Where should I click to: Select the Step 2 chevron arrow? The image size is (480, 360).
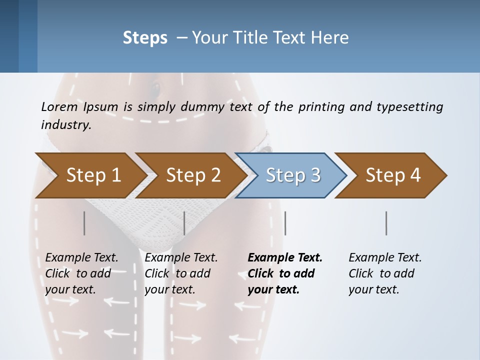pos(193,175)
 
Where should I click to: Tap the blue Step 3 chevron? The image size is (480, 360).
pos(293,175)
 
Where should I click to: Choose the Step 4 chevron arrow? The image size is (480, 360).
pos(393,175)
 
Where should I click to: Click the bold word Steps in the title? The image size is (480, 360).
pos(145,38)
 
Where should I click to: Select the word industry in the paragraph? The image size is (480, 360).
pos(66,125)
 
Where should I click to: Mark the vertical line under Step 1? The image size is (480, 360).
pos(84,223)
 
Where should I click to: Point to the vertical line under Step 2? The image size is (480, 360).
pos(184,223)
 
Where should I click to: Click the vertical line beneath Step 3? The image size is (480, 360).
pos(285,223)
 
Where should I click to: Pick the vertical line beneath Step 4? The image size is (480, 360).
pos(386,223)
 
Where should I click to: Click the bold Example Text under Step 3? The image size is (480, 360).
pos(285,273)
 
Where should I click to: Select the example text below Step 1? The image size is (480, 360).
pos(81,273)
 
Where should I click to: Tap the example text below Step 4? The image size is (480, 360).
pos(385,273)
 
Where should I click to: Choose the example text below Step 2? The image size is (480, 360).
pos(181,273)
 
